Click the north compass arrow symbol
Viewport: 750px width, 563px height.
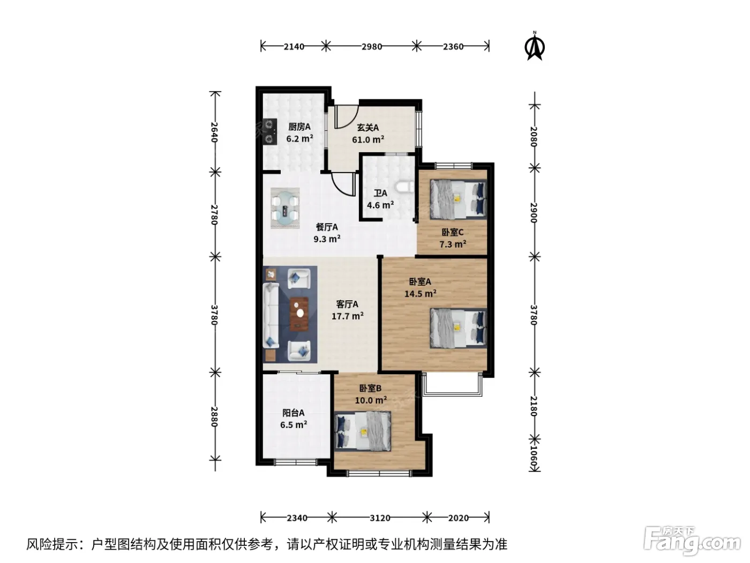(535, 47)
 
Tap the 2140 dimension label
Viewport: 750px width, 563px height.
(294, 47)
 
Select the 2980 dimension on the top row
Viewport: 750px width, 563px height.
(372, 47)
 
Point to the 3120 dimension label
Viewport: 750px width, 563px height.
(380, 518)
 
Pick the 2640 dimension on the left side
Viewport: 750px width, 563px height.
(214, 132)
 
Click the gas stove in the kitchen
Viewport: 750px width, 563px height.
(270, 131)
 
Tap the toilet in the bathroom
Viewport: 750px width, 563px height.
(404, 187)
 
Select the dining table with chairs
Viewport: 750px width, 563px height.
(285, 208)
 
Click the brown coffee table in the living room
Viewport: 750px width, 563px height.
(299, 314)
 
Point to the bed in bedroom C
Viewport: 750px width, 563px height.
(458, 199)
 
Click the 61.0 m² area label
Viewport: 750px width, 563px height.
(368, 140)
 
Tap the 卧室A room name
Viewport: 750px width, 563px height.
(420, 281)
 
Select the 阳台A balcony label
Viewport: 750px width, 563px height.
(293, 413)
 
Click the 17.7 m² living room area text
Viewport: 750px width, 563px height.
(348, 316)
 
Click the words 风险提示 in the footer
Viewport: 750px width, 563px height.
(52, 544)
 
